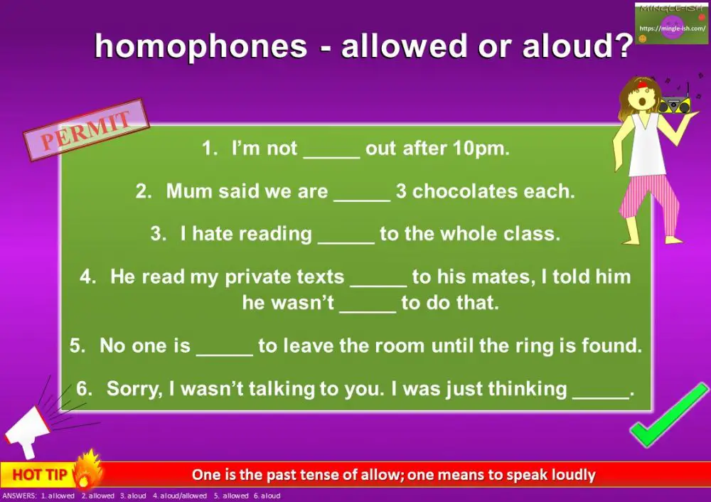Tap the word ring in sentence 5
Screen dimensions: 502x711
(557, 346)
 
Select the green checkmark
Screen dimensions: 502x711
(668, 416)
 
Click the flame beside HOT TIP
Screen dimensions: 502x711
(89, 470)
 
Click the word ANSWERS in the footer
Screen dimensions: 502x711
(19, 496)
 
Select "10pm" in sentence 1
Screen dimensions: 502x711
(483, 149)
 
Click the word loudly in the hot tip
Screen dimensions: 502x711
(572, 475)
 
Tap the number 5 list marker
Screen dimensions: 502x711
(76, 346)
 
